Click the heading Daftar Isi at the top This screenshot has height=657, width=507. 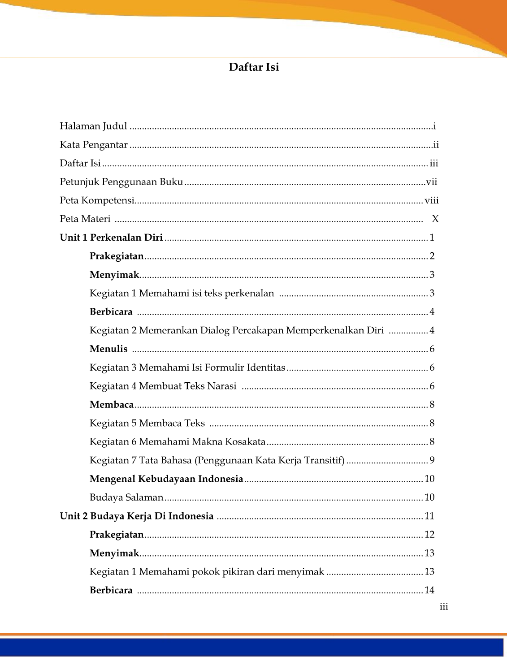pos(254,67)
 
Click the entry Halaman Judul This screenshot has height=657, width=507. pos(93,126)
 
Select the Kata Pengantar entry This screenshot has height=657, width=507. pos(94,145)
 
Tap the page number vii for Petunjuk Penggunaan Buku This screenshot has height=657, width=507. pos(431,182)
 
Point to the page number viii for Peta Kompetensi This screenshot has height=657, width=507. pos(432,200)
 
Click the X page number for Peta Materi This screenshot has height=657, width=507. pos(435,219)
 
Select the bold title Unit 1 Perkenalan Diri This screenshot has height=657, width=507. pos(111,238)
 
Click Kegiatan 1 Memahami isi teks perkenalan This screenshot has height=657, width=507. pos(182,294)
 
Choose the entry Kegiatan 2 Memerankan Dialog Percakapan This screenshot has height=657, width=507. pos(236,331)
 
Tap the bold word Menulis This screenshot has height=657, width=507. pos(108,349)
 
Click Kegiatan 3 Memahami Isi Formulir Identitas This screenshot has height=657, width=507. pos(187,368)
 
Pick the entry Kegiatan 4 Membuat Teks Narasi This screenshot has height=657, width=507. pos(163,386)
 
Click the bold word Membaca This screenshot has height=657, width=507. pos(112,405)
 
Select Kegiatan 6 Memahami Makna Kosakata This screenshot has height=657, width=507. pos(178,442)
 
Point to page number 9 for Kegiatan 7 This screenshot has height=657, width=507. pos(432,460)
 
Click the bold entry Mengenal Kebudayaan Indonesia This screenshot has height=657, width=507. pos(166,479)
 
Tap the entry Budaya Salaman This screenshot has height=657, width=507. pos(126,497)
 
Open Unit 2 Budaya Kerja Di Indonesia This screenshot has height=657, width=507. pos(137,516)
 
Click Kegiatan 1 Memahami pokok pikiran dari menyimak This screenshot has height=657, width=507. pos(207,572)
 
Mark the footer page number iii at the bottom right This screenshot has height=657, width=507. pos(444,607)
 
